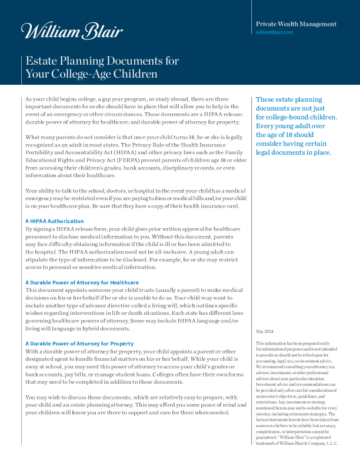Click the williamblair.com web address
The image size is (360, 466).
274,32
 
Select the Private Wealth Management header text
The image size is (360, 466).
296,24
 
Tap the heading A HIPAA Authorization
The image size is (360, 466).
55,221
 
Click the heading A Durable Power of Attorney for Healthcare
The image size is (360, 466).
82,282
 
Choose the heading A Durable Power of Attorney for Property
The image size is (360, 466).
79,343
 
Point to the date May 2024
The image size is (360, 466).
265,332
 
